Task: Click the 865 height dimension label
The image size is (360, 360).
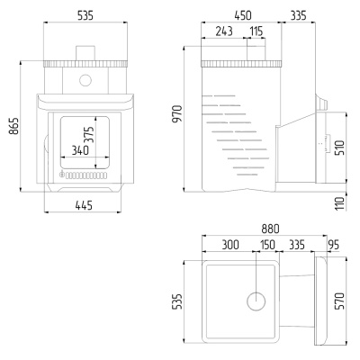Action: pyautogui.click(x=13, y=126)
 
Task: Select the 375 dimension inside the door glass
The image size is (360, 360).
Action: pyautogui.click(x=89, y=134)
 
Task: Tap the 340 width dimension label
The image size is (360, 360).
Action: pyautogui.click(x=80, y=149)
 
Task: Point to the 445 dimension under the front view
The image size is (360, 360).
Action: pyautogui.click(x=84, y=205)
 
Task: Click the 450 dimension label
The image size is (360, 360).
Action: pyautogui.click(x=243, y=15)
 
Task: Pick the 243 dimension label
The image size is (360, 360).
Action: pyautogui.click(x=224, y=31)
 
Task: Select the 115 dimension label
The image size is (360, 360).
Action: pyautogui.click(x=256, y=31)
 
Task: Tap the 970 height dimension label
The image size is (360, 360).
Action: pyautogui.click(x=177, y=114)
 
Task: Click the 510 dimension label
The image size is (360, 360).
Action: pyautogui.click(x=339, y=148)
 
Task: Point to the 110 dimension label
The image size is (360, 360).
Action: pyautogui.click(x=339, y=203)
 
